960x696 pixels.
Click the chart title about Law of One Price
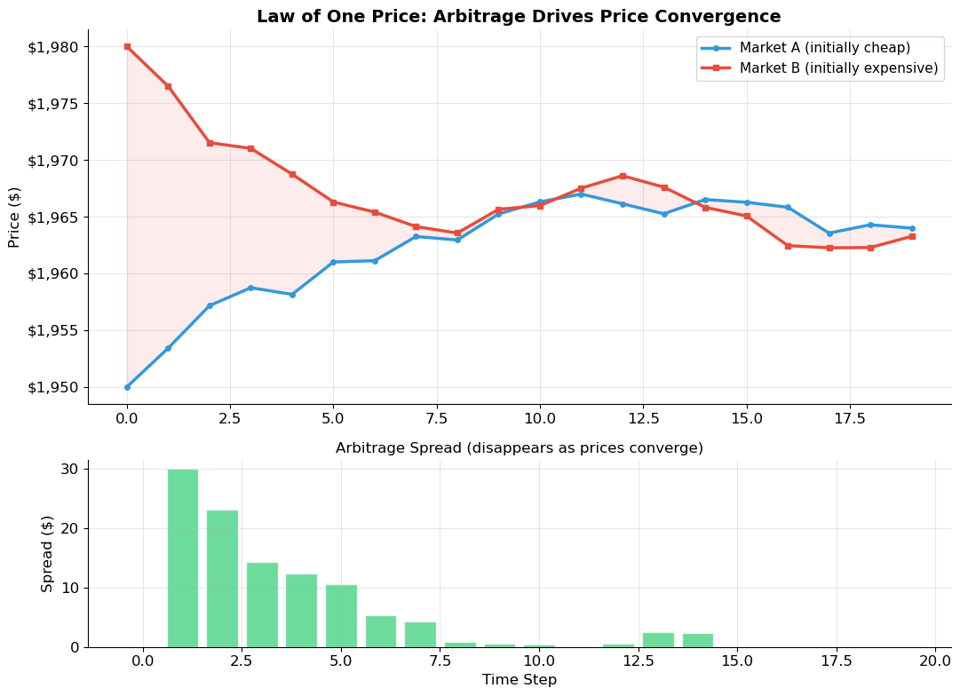coord(519,17)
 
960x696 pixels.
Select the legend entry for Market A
coord(824,48)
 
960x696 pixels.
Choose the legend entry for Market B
coord(838,68)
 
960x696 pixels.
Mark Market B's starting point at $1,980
coord(127,46)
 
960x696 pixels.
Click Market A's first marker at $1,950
coord(127,387)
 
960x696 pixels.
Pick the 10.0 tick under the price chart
coord(540,417)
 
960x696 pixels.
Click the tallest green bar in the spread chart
coord(183,558)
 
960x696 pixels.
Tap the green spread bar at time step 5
coord(341,615)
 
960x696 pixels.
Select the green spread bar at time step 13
coord(658,639)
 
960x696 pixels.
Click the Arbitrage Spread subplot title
coord(519,448)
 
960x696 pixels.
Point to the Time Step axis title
coord(519,680)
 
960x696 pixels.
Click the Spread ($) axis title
coord(47,553)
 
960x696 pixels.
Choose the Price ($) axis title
coord(14,217)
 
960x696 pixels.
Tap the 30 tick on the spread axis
coord(69,469)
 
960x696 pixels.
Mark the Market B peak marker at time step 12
coord(623,176)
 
